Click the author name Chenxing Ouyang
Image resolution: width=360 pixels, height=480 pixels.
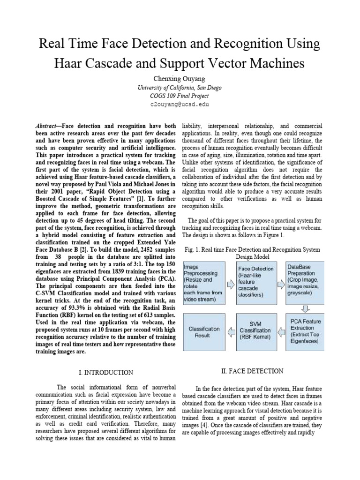coord(180,78)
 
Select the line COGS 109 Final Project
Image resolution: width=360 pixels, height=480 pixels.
coord(180,96)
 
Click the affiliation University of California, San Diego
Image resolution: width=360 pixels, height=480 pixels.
coord(180,87)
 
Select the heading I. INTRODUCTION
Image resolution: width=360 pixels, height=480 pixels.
coord(105,373)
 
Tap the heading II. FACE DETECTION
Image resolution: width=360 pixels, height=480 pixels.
coord(252,371)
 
